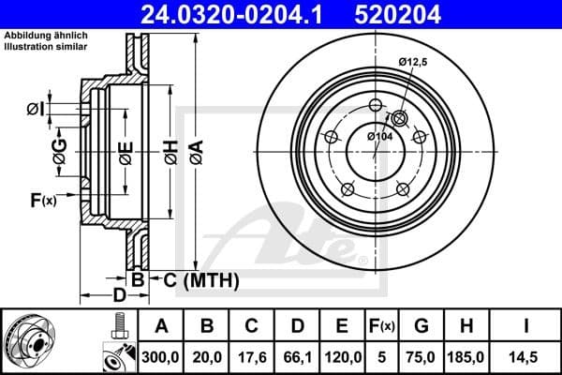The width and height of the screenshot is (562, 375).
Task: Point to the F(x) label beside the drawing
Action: (42, 199)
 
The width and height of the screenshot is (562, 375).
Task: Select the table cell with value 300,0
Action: (161, 357)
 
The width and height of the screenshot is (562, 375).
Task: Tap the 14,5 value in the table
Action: (527, 357)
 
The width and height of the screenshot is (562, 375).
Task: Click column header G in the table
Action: (421, 326)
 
